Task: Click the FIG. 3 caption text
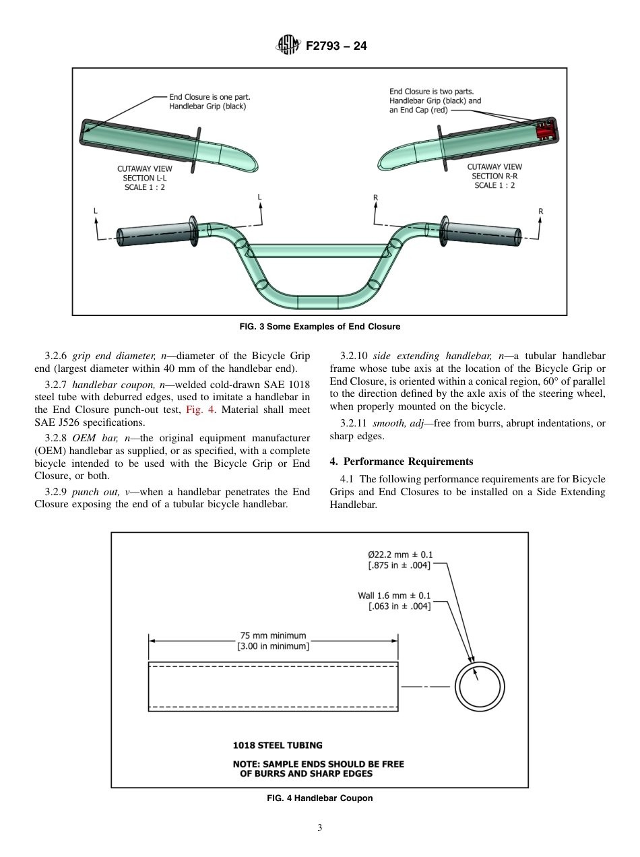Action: (x=319, y=327)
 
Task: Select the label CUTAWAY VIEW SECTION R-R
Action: (x=494, y=176)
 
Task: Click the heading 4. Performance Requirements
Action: (x=402, y=462)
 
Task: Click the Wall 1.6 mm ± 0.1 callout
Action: (x=394, y=596)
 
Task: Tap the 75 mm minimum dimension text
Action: (x=273, y=635)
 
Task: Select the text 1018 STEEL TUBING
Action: (x=278, y=745)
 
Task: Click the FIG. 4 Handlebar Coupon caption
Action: (x=319, y=798)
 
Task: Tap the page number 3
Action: (x=320, y=828)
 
